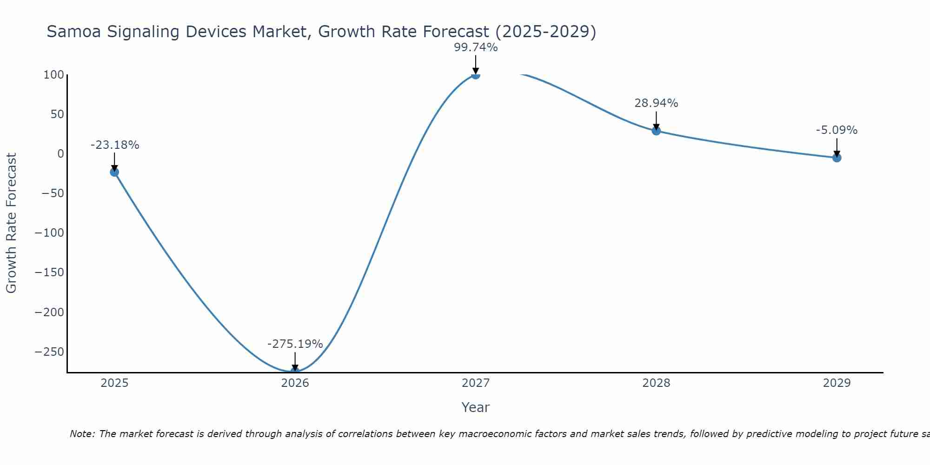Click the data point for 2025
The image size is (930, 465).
tap(114, 172)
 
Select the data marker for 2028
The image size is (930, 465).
tap(656, 131)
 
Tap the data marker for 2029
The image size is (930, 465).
tap(837, 158)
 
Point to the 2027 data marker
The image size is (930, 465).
tap(475, 74)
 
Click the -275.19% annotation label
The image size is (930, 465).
tap(295, 344)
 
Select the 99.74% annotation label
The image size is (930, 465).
tap(476, 47)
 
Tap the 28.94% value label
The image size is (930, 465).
tap(656, 103)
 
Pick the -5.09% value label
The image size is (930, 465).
tap(837, 130)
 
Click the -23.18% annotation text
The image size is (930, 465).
tap(115, 145)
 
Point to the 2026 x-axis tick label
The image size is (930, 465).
tap(295, 383)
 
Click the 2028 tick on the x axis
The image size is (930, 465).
tap(656, 383)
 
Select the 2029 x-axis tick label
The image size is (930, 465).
tap(837, 383)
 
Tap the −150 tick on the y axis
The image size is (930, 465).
tap(49, 272)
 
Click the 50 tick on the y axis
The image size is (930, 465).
tap(57, 114)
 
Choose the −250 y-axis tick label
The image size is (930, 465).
tap(49, 352)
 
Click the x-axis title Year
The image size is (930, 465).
tap(475, 408)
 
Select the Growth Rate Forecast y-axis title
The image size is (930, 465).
tap(11, 223)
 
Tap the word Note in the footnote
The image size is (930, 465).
tap(82, 434)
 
